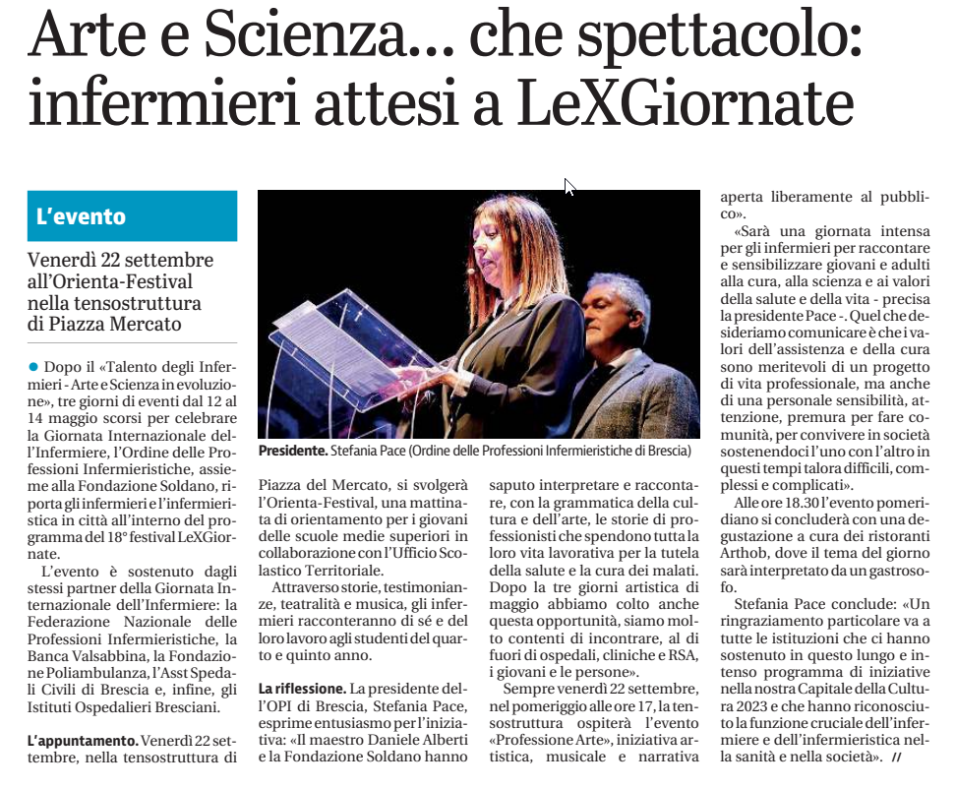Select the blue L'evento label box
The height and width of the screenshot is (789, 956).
(132, 215)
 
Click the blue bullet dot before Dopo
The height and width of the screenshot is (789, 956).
(32, 366)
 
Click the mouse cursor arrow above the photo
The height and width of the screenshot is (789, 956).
(568, 187)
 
